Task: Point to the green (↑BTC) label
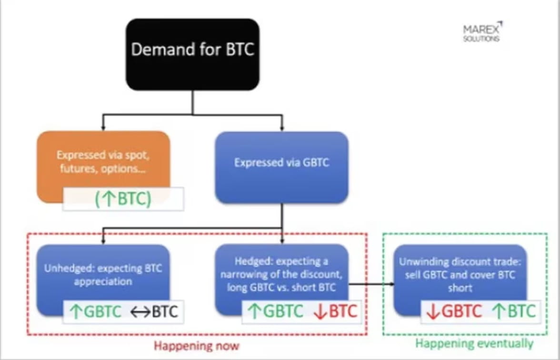click(123, 199)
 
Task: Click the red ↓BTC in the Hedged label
click(336, 311)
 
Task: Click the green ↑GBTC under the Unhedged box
click(95, 311)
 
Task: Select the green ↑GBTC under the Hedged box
click(275, 311)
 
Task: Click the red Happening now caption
click(196, 345)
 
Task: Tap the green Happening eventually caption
click(474, 343)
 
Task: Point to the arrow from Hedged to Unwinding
click(371, 284)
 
